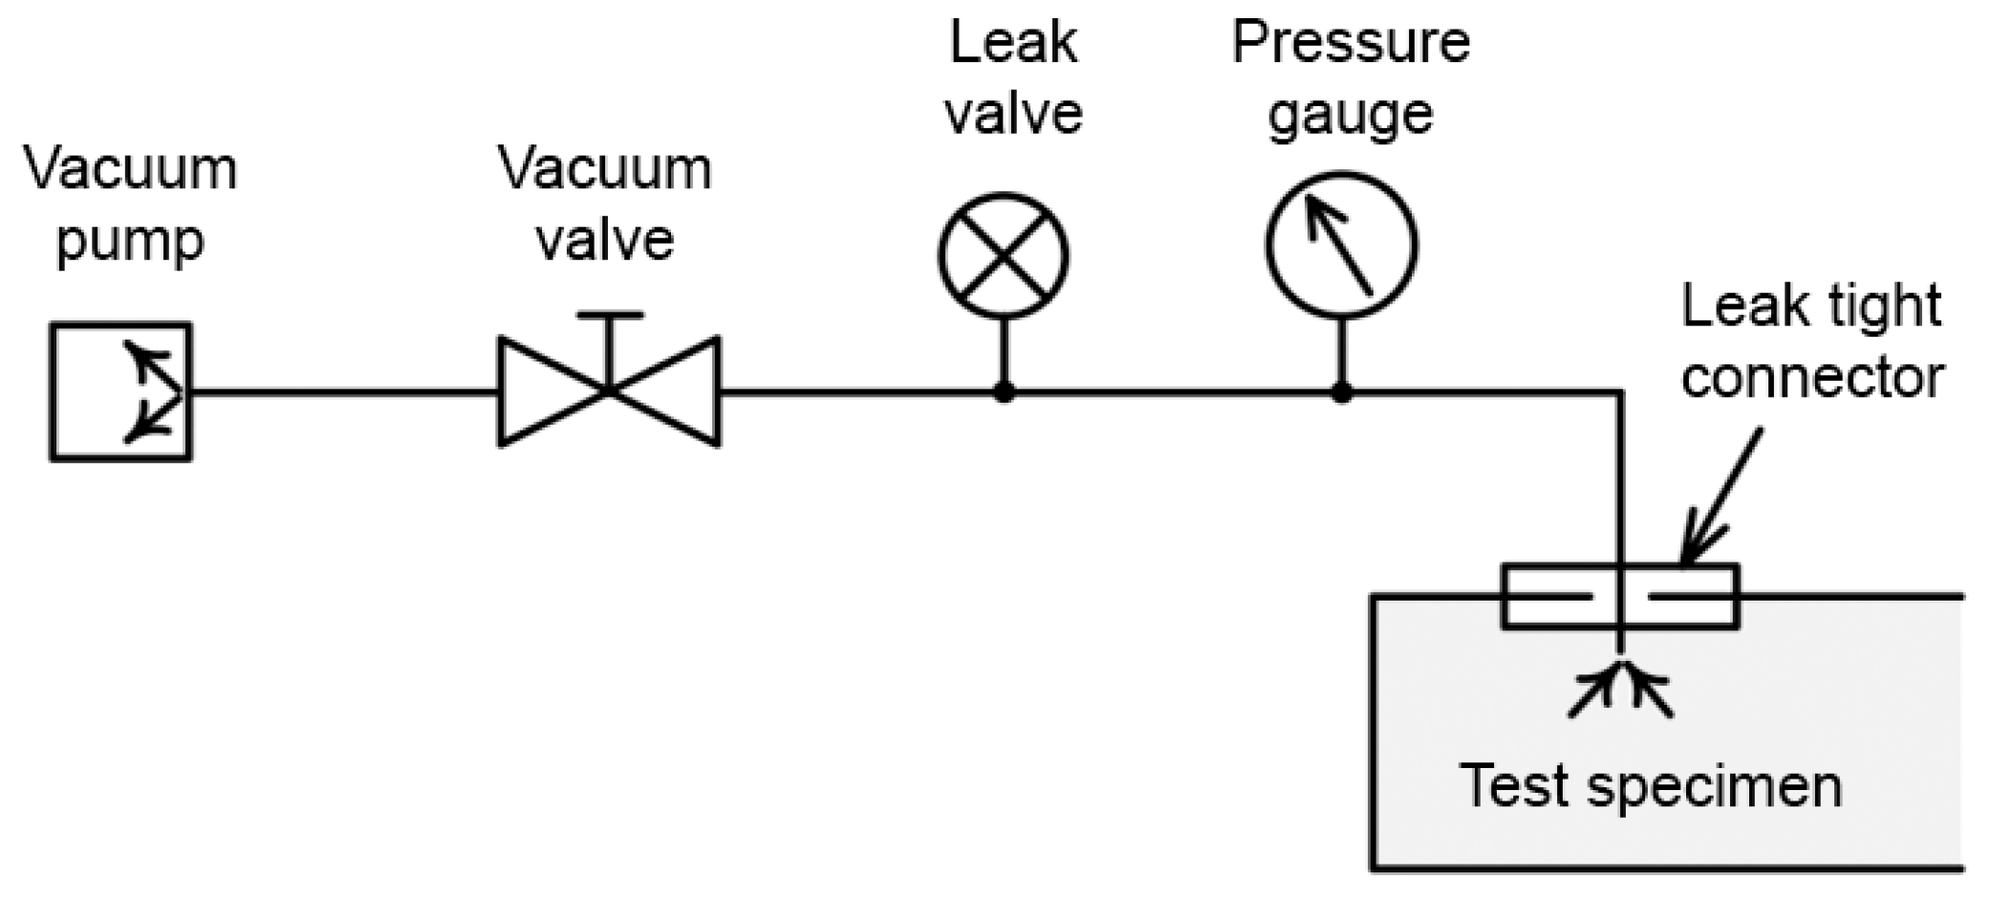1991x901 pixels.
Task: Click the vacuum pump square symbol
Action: pos(120,392)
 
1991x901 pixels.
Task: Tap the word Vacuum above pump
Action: pos(130,170)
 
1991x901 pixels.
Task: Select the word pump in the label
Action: pos(130,241)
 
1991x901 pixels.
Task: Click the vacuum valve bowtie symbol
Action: pos(609,391)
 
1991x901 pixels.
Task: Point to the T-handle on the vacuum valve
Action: pos(609,317)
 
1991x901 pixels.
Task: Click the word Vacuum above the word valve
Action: pos(604,170)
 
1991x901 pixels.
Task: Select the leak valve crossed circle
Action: pos(1003,255)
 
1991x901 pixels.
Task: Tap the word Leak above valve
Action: pos(1012,44)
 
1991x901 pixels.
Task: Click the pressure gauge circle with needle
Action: pos(1341,245)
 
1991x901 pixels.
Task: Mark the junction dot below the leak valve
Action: pos(1004,392)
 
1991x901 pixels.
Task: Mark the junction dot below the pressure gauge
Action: pos(1342,392)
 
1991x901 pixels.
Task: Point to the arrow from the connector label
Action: pos(1720,497)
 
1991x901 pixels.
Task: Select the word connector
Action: pos(1811,377)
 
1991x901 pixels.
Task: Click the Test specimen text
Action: pos(1651,786)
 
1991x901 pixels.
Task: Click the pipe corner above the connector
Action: pos(1620,392)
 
